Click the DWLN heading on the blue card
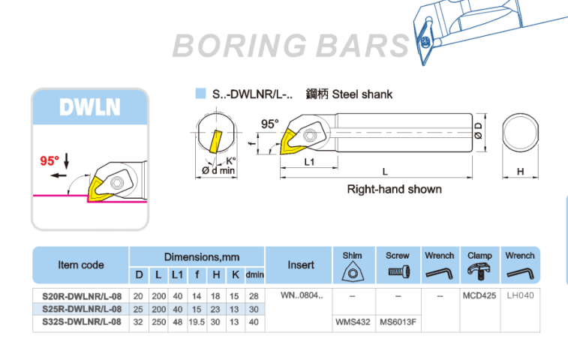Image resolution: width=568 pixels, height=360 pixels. coord(90,107)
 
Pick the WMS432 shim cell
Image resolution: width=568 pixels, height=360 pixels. coord(352,321)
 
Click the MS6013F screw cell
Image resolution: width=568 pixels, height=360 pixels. coord(398,321)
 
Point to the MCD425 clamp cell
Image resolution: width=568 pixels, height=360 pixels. coord(480,295)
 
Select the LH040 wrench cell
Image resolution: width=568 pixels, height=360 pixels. coord(520,295)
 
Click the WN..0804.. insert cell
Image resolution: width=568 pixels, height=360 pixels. coord(302,295)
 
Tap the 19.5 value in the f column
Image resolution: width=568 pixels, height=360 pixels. coord(197,321)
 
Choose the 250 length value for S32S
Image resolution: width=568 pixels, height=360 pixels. coord(158,321)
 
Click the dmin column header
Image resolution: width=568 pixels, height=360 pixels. coord(255,274)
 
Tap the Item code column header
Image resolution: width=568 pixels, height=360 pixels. coord(81,265)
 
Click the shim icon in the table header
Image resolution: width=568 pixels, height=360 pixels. coord(352,272)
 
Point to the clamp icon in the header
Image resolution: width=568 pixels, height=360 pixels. coord(480,272)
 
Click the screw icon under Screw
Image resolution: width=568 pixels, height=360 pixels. coord(398,272)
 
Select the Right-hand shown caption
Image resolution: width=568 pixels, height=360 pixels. coord(394,189)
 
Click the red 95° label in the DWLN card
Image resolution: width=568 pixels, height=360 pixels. coord(50,160)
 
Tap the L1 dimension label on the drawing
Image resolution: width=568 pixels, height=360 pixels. coord(308,161)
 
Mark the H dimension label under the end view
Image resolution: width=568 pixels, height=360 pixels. coord(521,172)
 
